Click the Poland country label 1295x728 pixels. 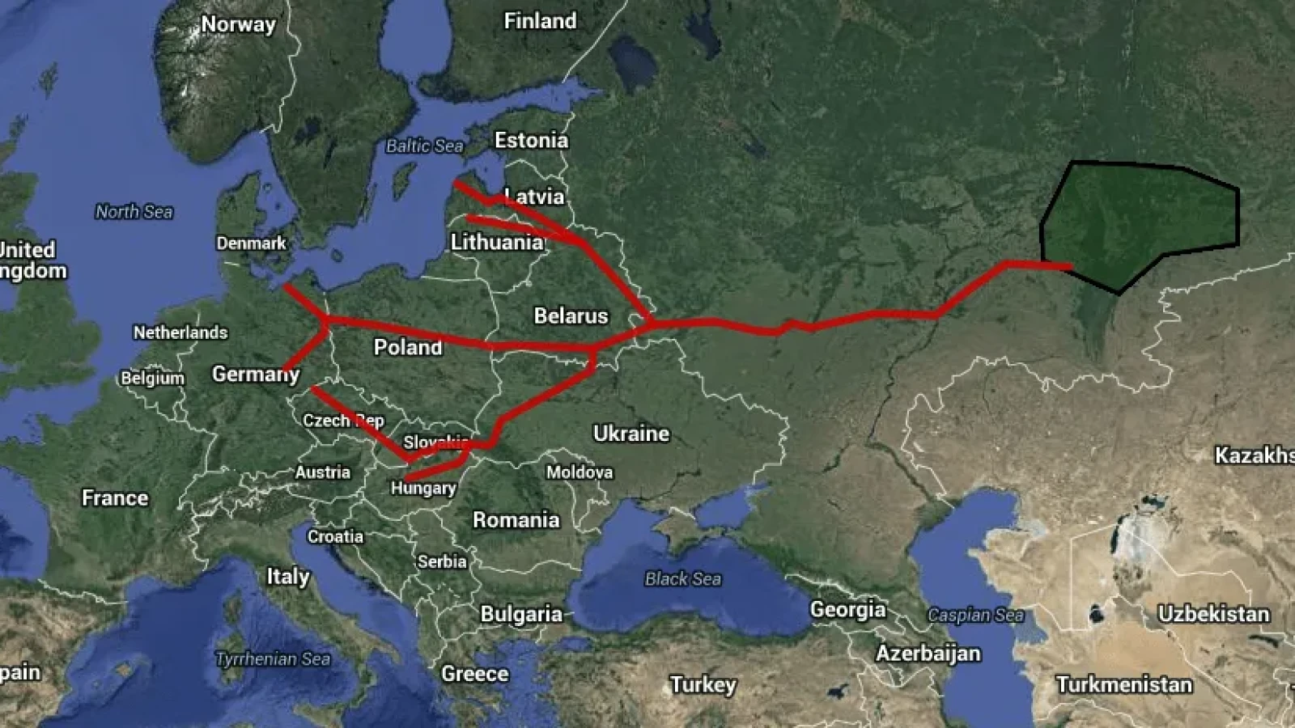[408, 347]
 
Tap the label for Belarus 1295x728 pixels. [571, 315]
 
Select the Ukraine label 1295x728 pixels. [631, 434]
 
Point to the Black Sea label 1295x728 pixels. [682, 578]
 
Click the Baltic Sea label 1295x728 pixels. [424, 146]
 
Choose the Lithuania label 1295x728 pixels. [497, 242]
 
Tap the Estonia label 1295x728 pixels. [531, 140]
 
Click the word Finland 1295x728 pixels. [540, 21]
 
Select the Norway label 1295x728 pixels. [238, 24]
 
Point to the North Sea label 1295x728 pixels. [134, 212]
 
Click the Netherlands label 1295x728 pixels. [180, 332]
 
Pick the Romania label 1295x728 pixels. [516, 519]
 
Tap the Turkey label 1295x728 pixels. [703, 685]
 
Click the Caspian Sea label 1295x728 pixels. [975, 615]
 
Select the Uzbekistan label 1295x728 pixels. [1213, 614]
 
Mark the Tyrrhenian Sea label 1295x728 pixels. [273, 659]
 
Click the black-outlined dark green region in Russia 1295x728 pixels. [1141, 222]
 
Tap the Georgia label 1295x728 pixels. [848, 609]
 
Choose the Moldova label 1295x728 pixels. [580, 472]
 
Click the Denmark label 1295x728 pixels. [251, 243]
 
